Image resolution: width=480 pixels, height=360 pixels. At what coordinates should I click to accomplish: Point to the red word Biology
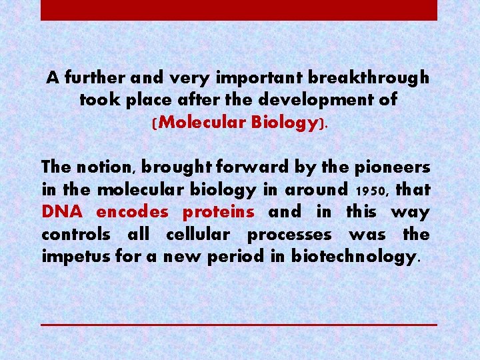(288, 123)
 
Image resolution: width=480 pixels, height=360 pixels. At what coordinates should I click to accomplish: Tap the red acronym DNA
(61, 212)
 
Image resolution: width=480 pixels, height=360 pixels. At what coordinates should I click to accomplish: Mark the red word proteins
(218, 212)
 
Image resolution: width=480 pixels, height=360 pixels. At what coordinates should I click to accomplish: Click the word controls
(75, 235)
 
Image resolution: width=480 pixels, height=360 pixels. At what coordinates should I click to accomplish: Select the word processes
(289, 235)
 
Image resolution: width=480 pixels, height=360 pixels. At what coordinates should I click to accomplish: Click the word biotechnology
(353, 257)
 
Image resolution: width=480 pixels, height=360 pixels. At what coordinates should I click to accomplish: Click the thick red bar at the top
(239, 10)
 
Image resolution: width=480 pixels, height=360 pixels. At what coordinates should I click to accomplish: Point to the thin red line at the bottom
(239, 324)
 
